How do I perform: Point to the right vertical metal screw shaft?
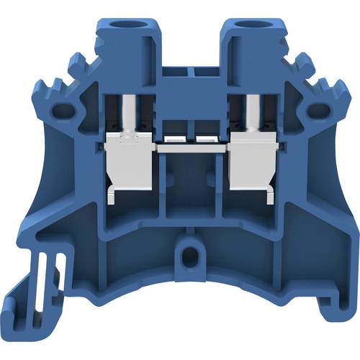tap(253, 115)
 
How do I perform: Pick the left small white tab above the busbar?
tap(174, 138)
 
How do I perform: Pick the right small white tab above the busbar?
tap(207, 138)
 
